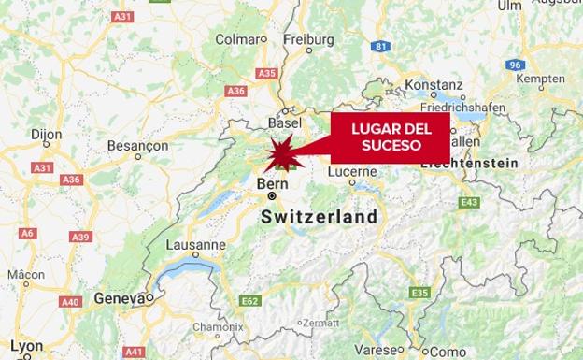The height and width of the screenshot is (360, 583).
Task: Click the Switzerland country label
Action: (x=320, y=217)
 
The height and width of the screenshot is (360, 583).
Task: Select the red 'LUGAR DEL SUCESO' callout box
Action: (x=390, y=137)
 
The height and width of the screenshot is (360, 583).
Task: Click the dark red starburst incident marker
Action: (x=283, y=151)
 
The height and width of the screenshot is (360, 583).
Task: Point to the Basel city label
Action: (x=284, y=122)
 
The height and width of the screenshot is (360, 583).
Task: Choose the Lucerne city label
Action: (x=352, y=172)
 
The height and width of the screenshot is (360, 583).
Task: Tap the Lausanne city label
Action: (x=195, y=245)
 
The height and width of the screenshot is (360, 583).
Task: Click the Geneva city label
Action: (x=119, y=298)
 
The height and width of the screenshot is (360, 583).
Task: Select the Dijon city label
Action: (x=46, y=135)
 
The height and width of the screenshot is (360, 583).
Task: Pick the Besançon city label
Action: (x=137, y=146)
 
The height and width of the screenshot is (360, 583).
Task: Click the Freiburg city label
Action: (x=308, y=39)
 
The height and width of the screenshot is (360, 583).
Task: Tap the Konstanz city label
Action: (x=434, y=84)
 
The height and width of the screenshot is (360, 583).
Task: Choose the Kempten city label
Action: (x=541, y=79)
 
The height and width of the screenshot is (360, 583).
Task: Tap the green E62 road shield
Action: (x=249, y=301)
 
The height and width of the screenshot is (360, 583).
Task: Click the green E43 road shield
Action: (x=469, y=202)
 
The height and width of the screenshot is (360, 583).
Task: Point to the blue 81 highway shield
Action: (x=379, y=46)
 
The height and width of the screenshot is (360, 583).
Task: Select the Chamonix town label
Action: (x=217, y=326)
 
